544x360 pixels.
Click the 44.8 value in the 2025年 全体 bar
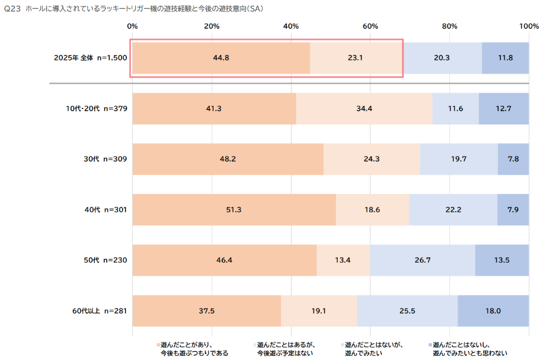pyautogui.click(x=221, y=58)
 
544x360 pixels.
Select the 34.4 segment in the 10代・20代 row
pyautogui.click(x=364, y=109)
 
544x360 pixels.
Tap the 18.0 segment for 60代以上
pyautogui.click(x=493, y=310)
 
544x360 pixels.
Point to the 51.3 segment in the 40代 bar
pyautogui.click(x=234, y=209)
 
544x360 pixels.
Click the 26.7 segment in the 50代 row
pyautogui.click(x=422, y=260)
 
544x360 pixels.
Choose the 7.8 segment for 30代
pyautogui.click(x=513, y=159)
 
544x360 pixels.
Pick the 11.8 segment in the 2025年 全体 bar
pyautogui.click(x=505, y=58)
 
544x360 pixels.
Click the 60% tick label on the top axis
pyautogui.click(x=370, y=26)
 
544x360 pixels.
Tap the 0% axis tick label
pyautogui.click(x=133, y=26)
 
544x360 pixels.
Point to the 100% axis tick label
pyautogui.click(x=528, y=26)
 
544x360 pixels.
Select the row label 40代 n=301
pyautogui.click(x=105, y=209)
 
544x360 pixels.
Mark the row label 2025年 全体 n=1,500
pyautogui.click(x=90, y=58)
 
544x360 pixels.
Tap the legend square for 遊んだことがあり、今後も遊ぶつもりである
pyautogui.click(x=158, y=345)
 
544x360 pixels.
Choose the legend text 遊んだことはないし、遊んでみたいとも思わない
pyautogui.click(x=471, y=349)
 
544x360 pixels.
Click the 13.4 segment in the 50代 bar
pyautogui.click(x=343, y=260)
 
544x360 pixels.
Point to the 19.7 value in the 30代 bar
pyautogui.click(x=459, y=159)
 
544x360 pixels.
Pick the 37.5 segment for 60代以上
pyautogui.click(x=206, y=310)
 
